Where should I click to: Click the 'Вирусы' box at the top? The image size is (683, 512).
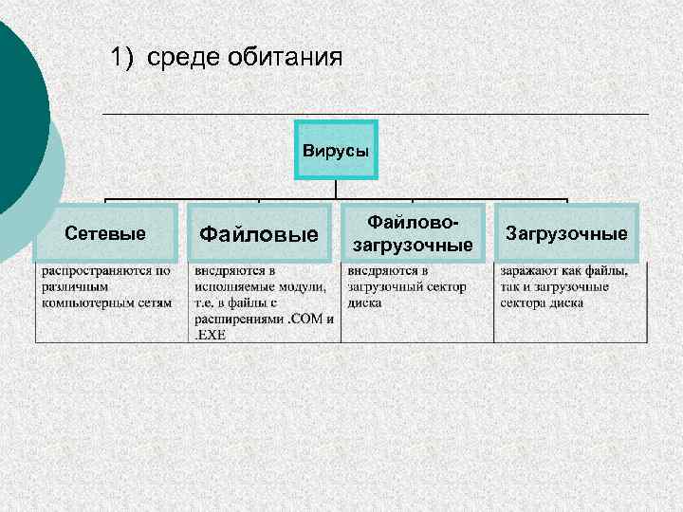coord(336,150)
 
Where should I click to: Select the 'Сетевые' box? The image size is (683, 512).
coord(104,233)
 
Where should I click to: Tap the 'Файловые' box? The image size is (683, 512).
coord(258,233)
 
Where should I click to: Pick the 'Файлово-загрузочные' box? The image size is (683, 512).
coord(413,233)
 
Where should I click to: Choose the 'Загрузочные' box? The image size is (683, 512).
coord(567,233)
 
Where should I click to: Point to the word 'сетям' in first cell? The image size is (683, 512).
coord(154,303)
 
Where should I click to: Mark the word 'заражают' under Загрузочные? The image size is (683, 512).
coord(528,271)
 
